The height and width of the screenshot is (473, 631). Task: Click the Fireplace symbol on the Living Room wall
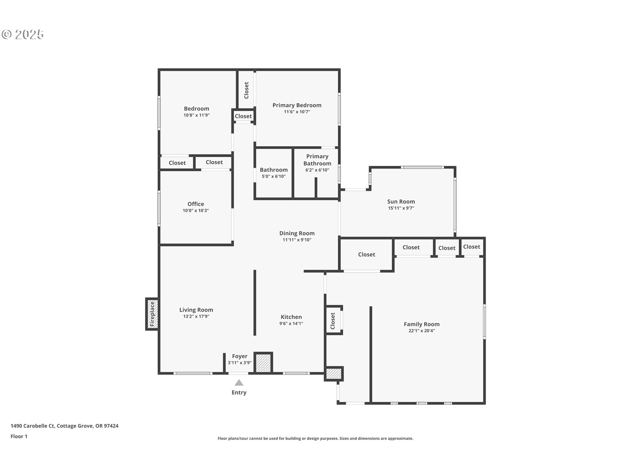pyautogui.click(x=152, y=314)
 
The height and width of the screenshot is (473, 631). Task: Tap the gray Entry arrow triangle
pyautogui.click(x=239, y=383)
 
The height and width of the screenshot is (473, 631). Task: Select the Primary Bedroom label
pyautogui.click(x=297, y=105)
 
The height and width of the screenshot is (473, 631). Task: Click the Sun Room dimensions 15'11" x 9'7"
pyautogui.click(x=401, y=208)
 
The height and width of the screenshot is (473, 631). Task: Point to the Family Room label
pyautogui.click(x=422, y=324)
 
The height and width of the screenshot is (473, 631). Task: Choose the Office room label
pyautogui.click(x=196, y=204)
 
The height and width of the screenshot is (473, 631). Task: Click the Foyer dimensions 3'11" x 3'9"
pyautogui.click(x=240, y=363)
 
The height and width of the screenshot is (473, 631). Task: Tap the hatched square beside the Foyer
pyautogui.click(x=263, y=363)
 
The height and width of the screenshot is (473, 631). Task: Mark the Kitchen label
pyautogui.click(x=291, y=317)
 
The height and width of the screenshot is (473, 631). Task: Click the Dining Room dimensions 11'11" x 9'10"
pyautogui.click(x=297, y=240)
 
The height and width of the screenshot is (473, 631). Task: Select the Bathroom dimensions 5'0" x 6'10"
pyautogui.click(x=273, y=176)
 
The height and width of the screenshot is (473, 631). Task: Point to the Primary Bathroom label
pyautogui.click(x=317, y=160)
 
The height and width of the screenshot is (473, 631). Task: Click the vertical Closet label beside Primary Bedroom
pyautogui.click(x=246, y=90)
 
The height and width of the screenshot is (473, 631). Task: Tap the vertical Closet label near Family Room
pyautogui.click(x=333, y=321)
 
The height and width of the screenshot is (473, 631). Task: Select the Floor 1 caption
pyautogui.click(x=19, y=436)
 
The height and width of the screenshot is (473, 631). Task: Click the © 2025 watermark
pyautogui.click(x=23, y=34)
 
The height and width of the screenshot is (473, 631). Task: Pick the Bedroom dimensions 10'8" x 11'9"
pyautogui.click(x=197, y=115)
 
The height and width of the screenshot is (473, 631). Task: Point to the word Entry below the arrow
pyautogui.click(x=239, y=393)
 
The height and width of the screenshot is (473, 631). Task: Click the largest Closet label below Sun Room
pyautogui.click(x=366, y=255)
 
